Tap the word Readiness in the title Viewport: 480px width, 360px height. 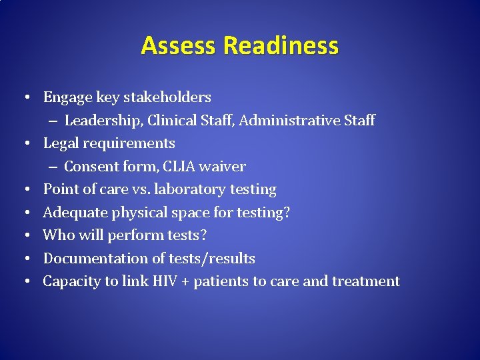click(281, 46)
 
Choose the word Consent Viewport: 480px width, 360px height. click(92, 167)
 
